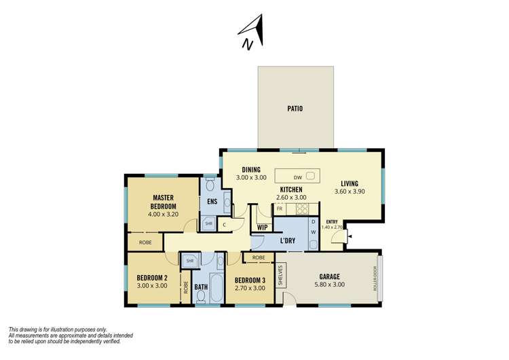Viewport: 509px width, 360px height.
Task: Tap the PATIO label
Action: pyautogui.click(x=295, y=109)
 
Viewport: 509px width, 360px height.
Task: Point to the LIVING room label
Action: pyautogui.click(x=350, y=183)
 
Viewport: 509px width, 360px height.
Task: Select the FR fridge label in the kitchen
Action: pyautogui.click(x=279, y=209)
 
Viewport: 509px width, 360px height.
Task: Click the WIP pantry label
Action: pyautogui.click(x=261, y=228)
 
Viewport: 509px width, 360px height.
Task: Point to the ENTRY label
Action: pyautogui.click(x=332, y=222)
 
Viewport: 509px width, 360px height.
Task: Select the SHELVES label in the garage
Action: pyautogui.click(x=280, y=275)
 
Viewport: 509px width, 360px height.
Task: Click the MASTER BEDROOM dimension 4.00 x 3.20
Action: pyautogui.click(x=164, y=214)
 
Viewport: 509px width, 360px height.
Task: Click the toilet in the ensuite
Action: pyautogui.click(x=210, y=185)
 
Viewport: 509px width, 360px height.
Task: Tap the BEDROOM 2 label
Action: pyautogui.click(x=152, y=278)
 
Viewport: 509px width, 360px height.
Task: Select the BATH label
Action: pyautogui.click(x=201, y=287)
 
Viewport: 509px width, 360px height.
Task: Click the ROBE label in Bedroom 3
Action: pyautogui.click(x=259, y=257)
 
